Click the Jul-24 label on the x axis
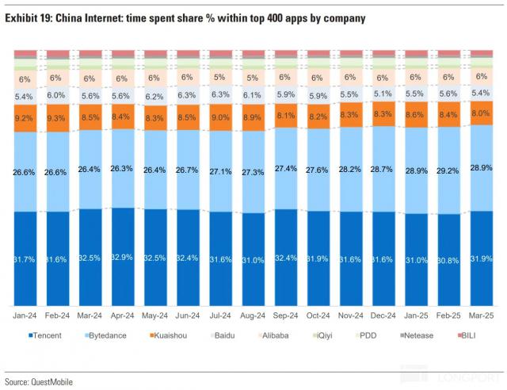pos(220,315)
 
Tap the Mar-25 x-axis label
pos(479,315)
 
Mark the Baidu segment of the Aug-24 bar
pos(252,94)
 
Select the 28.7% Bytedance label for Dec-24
pos(382,170)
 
